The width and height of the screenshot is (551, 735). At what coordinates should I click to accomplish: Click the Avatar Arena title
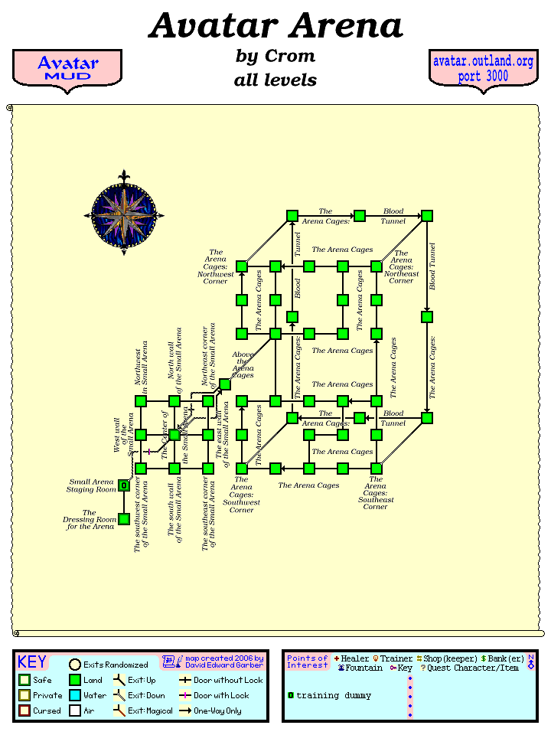point(275,26)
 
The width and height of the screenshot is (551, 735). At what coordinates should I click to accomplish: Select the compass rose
point(124,214)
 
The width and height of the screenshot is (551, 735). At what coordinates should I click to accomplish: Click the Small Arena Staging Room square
point(124,485)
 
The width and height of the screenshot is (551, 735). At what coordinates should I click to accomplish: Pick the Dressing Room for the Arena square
point(124,519)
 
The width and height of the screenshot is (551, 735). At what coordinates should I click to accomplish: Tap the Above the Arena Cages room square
point(225,384)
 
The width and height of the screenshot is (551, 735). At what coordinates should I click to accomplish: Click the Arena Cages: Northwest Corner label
point(216,266)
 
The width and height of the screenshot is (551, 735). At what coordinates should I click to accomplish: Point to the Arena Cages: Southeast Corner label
point(375,493)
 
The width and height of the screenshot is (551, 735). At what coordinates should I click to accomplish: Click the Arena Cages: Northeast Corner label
point(402,266)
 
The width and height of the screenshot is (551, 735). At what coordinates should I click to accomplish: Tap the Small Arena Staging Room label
point(91,485)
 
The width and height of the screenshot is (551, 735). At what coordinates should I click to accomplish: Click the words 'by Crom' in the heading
point(275,57)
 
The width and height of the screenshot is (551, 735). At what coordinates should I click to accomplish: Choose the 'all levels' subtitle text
point(275,80)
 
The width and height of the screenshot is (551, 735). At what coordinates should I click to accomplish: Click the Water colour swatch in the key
point(75,695)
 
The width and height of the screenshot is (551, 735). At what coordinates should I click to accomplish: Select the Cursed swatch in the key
point(24,710)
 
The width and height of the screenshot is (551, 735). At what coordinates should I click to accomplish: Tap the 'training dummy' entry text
point(334,695)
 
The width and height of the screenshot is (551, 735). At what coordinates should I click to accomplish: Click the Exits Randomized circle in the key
point(75,665)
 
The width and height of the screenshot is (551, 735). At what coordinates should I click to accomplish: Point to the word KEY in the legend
point(32,662)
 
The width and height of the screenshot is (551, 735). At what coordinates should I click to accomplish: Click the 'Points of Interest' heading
point(308,661)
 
